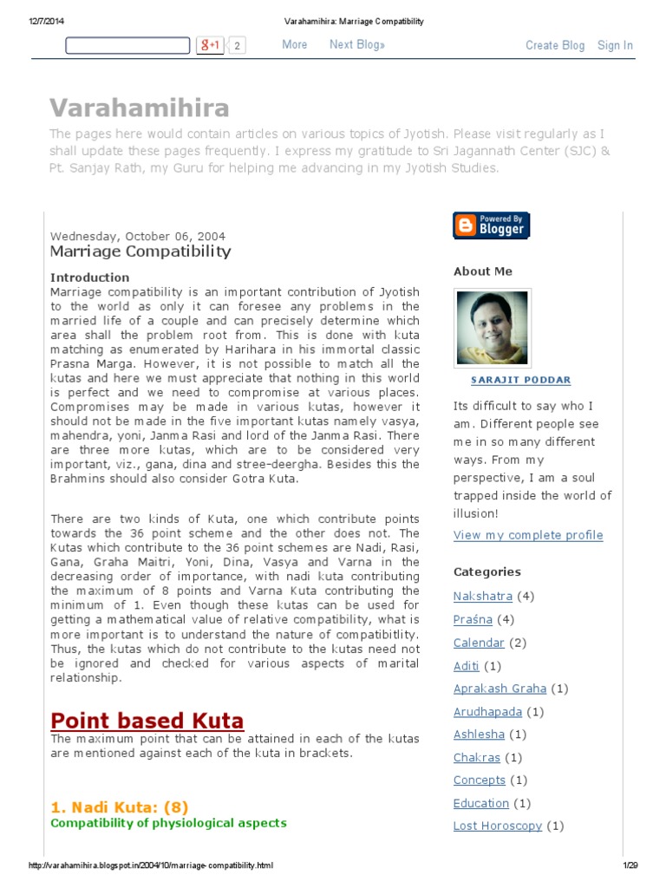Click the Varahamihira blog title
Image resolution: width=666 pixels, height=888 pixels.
coord(140,108)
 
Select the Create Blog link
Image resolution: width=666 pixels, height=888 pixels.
coord(555,45)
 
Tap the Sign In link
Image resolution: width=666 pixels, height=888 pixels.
coord(615,45)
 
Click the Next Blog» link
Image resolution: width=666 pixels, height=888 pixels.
coord(357,44)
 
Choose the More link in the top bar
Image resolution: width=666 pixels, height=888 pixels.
coord(295,44)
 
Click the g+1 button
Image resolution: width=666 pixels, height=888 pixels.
coord(210,45)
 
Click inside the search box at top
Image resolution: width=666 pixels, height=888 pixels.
coord(127,45)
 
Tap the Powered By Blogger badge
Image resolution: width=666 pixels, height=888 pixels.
coord(491,225)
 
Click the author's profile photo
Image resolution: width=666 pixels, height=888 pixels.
coord(492,329)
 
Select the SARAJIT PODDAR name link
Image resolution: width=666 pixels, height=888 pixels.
coord(508,380)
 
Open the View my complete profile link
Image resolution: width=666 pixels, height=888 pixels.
coord(528,535)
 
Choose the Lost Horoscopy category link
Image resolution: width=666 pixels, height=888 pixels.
coord(498,826)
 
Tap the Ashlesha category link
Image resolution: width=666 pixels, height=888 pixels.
coord(479,734)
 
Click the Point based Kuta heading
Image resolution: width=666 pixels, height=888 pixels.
coord(147,720)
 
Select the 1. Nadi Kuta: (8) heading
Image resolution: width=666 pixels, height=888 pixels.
coord(119,806)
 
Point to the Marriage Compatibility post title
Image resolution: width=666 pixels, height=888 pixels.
coord(140,251)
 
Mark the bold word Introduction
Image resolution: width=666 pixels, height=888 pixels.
coord(89,277)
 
